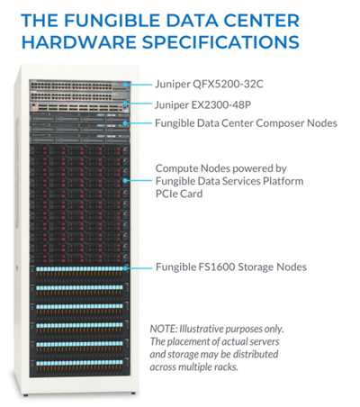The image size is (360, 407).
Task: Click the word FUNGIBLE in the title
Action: [112, 21]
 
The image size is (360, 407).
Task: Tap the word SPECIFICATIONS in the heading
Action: [220, 41]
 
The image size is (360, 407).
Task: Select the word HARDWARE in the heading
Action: [79, 41]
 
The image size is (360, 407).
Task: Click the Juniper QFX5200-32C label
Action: [209, 84]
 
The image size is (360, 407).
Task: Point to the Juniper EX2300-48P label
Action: [203, 104]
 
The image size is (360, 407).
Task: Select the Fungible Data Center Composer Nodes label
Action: [246, 123]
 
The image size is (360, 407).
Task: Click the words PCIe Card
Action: [179, 194]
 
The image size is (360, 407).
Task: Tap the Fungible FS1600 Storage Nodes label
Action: [231, 267]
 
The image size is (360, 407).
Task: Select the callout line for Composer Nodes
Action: [139, 123]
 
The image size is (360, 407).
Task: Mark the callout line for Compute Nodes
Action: [139, 180]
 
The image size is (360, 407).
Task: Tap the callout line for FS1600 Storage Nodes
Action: [139, 268]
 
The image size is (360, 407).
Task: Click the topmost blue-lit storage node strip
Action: [79, 269]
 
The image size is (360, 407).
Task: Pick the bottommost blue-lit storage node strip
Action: [79, 363]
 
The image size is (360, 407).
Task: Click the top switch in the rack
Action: [80, 86]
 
